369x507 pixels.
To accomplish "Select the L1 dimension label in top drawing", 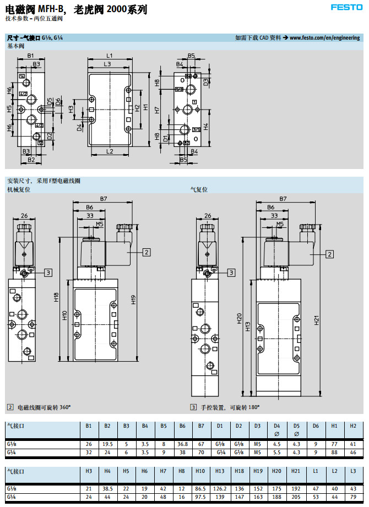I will click(x=109, y=56).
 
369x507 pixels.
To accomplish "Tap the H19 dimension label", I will click(x=133, y=300).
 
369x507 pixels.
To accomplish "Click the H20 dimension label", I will click(x=240, y=318).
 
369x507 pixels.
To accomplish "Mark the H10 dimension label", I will click(x=64, y=315).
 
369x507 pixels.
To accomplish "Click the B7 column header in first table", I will click(x=201, y=426).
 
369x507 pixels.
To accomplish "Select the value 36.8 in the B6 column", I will click(x=182, y=444).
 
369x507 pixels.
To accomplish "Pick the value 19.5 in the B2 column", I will click(x=107, y=444).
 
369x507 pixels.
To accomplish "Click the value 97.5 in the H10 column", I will click(x=201, y=497).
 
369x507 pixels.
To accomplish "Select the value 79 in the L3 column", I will click(x=353, y=497).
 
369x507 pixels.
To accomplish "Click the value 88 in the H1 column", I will click(x=334, y=453).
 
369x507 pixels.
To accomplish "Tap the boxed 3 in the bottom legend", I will click(x=193, y=407).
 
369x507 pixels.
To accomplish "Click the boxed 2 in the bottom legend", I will click(x=10, y=407).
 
